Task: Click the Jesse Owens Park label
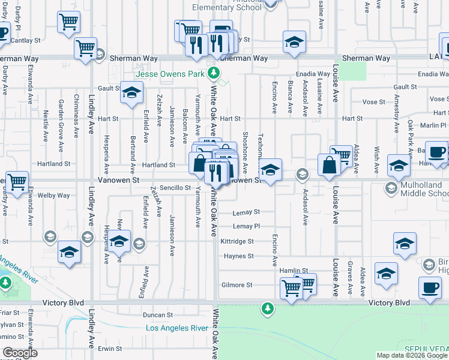pyautogui.click(x=170, y=74)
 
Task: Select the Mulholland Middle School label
pyautogui.click(x=423, y=190)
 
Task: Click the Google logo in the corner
pyautogui.click(x=20, y=353)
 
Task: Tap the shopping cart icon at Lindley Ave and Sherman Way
pyautogui.click(x=86, y=48)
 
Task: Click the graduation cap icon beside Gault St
pyautogui.click(x=131, y=93)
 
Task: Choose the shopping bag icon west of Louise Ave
pyautogui.click(x=330, y=166)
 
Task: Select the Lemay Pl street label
pyautogui.click(x=246, y=226)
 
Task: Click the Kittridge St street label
pyautogui.click(x=237, y=241)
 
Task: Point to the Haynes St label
pyautogui.click(x=239, y=256)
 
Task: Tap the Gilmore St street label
pyautogui.click(x=237, y=285)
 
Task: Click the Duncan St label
pyautogui.click(x=158, y=314)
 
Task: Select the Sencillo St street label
pyautogui.click(x=175, y=188)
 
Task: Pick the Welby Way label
pyautogui.click(x=50, y=195)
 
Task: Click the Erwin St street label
pyautogui.click(x=110, y=348)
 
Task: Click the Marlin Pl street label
pyautogui.click(x=433, y=125)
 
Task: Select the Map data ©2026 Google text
pyautogui.click(x=411, y=355)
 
